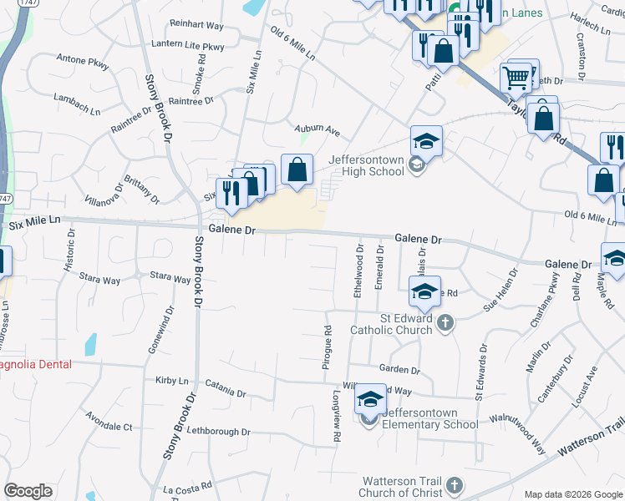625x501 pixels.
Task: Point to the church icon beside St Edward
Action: [x=446, y=322]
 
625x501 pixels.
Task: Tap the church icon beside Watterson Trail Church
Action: [x=454, y=485]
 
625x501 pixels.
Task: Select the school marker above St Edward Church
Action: [x=424, y=292]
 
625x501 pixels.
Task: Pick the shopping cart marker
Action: [x=516, y=78]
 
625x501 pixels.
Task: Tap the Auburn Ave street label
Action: [x=318, y=130]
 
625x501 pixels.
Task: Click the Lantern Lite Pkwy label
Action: [x=189, y=46]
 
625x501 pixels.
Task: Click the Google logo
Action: [x=28, y=491]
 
